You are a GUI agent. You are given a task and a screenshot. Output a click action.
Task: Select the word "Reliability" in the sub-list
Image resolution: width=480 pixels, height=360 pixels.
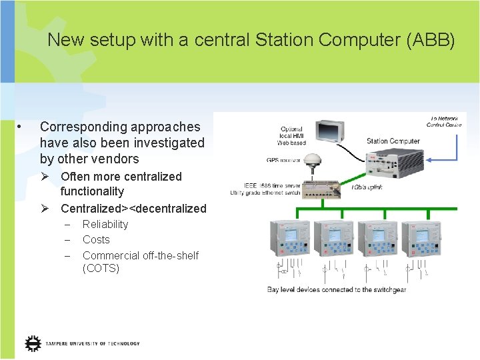(105, 224)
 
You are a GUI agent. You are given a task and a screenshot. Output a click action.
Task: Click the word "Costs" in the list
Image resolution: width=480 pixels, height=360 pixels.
(96, 239)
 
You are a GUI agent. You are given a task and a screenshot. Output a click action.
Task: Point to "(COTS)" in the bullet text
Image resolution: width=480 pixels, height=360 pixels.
(101, 268)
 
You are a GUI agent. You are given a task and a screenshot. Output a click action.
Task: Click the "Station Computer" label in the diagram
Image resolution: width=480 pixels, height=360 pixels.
(393, 141)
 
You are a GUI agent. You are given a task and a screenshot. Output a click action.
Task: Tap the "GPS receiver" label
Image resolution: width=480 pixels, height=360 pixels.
(284, 160)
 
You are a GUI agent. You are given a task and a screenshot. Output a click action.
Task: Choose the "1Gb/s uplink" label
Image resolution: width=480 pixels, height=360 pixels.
(367, 189)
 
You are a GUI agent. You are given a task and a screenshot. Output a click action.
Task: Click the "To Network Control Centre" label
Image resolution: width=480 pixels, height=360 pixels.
(445, 121)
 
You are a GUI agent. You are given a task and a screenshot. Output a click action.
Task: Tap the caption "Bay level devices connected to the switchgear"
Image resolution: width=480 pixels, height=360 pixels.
(337, 289)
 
